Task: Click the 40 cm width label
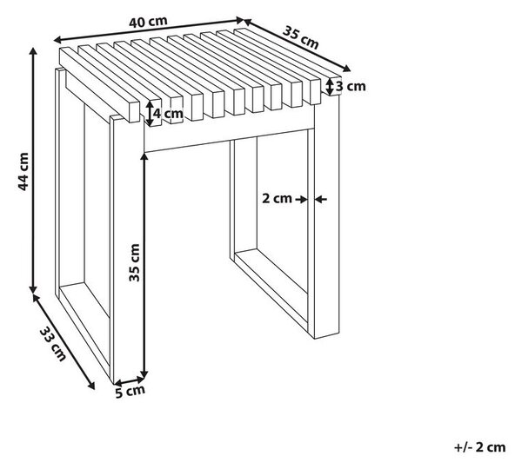pos(148,22)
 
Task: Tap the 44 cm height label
pos(23,171)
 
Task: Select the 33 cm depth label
pos(53,344)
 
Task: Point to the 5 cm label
pos(130,391)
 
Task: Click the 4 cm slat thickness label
pos(168,114)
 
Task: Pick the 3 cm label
pos(351,87)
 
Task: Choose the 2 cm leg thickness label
pos(277,198)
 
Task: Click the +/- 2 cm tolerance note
pos(479,447)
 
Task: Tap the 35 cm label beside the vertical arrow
pos(134,262)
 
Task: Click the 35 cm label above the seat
pos(301,37)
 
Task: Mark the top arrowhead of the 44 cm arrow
pos(33,51)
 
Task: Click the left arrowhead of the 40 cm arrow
pos(57,40)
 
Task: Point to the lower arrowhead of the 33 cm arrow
pos(90,386)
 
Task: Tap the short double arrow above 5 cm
pos(129,380)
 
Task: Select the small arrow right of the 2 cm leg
pos(321,200)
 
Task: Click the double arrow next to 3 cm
pos(329,87)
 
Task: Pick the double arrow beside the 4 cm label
pos(150,114)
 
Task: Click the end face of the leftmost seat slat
pos(134,112)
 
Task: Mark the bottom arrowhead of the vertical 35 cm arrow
pos(144,374)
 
